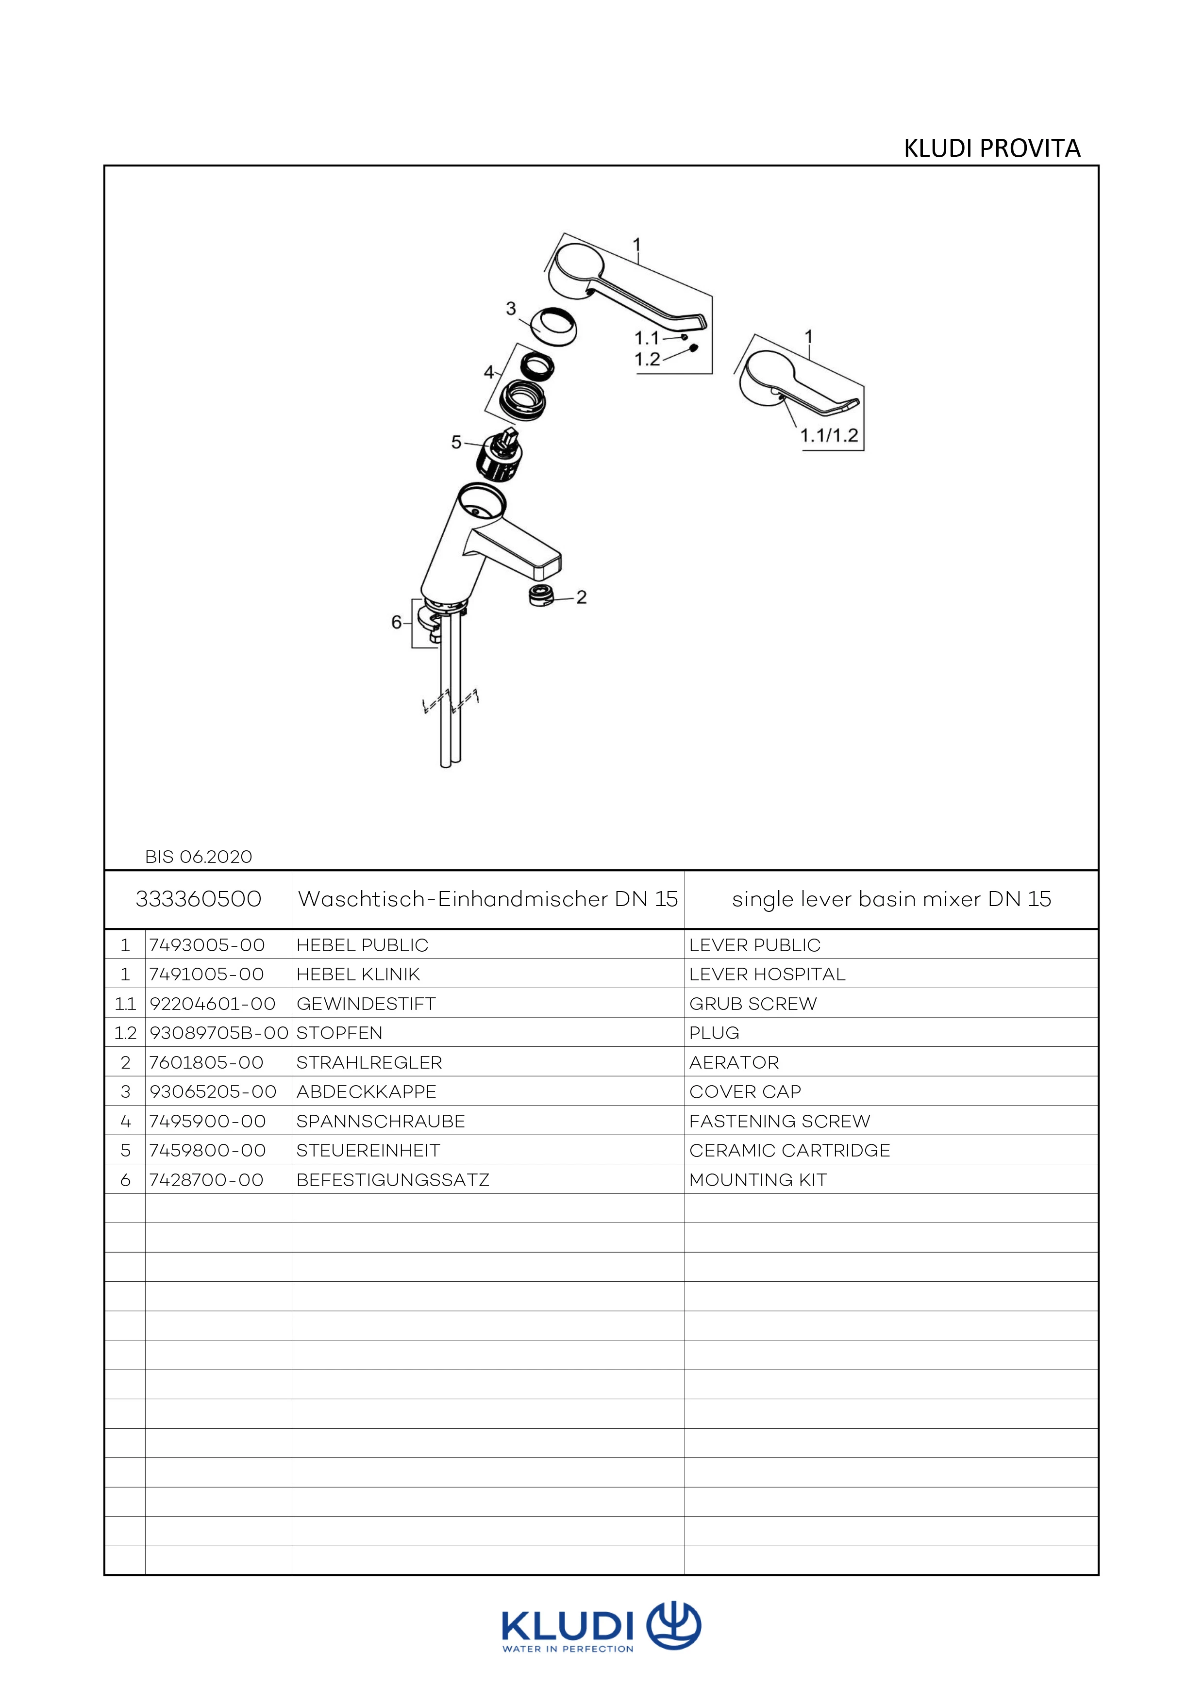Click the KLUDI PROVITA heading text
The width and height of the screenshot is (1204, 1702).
tap(991, 149)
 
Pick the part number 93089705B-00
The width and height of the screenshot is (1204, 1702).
tap(218, 1033)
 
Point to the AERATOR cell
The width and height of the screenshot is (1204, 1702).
tap(734, 1062)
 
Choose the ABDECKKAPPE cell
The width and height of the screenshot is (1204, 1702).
tap(366, 1092)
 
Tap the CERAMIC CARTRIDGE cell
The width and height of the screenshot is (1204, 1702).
tap(789, 1151)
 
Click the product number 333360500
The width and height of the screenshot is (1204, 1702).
tap(198, 899)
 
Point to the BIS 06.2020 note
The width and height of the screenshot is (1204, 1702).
tap(198, 857)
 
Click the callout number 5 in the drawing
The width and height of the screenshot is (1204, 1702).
tap(457, 443)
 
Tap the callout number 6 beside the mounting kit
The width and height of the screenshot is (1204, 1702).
tap(397, 622)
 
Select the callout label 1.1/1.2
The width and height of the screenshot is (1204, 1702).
tap(829, 436)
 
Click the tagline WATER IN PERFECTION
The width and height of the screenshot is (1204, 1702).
tap(568, 1650)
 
